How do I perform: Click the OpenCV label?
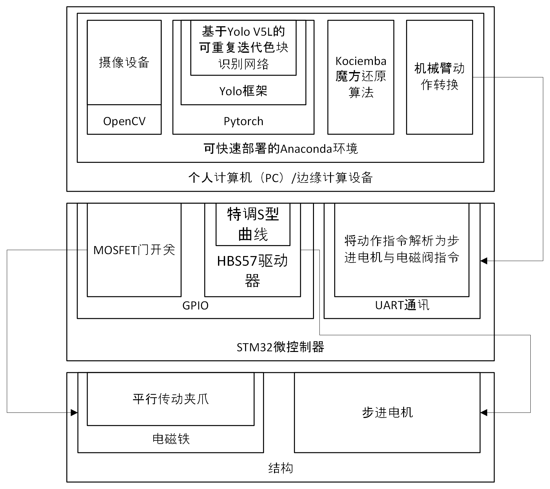pyautogui.click(x=124, y=121)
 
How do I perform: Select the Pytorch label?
pyautogui.click(x=243, y=121)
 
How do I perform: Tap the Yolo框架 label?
pyautogui.click(x=243, y=91)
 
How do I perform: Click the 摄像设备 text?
pyautogui.click(x=124, y=62)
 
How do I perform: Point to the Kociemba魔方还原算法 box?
pyautogui.click(x=361, y=77)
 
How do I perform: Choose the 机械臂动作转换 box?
pyautogui.click(x=439, y=77)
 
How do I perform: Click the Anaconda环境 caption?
pyautogui.click(x=280, y=149)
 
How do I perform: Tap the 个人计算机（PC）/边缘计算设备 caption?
pyautogui.click(x=280, y=178)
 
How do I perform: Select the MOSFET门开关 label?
pyautogui.click(x=134, y=250)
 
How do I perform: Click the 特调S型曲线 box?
pyautogui.click(x=253, y=224)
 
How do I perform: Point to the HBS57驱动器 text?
pyautogui.click(x=252, y=271)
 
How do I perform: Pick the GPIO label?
pyautogui.click(x=195, y=306)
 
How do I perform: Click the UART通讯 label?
pyautogui.click(x=402, y=305)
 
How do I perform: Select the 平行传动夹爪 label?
pyautogui.click(x=171, y=399)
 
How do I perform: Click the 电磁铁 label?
pyautogui.click(x=171, y=439)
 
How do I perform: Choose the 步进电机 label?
pyautogui.click(x=387, y=412)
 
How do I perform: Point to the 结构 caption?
pyautogui.click(x=280, y=468)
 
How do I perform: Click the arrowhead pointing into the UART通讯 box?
pyautogui.click(x=484, y=261)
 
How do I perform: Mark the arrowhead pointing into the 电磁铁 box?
pyautogui.click(x=74, y=412)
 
